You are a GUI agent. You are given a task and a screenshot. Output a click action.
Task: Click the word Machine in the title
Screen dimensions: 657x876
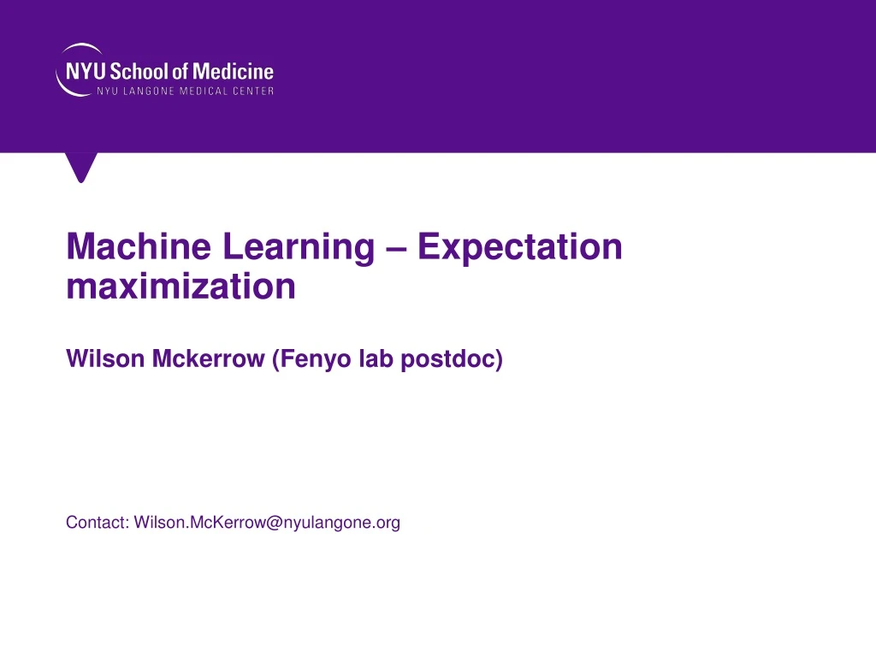pyautogui.click(x=137, y=247)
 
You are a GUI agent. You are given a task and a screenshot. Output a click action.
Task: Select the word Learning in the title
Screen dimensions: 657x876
pyautogui.click(x=298, y=247)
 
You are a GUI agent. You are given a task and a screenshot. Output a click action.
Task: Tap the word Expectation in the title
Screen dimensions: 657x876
pyautogui.click(x=520, y=247)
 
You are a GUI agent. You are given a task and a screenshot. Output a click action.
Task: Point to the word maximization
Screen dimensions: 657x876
pyautogui.click(x=181, y=287)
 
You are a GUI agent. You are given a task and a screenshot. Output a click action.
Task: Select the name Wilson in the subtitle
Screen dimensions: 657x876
pyautogui.click(x=105, y=360)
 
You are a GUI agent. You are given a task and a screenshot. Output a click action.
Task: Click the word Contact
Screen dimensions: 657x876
pyautogui.click(x=97, y=522)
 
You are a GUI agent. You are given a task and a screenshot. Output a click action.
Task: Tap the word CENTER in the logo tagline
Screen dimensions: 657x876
pyautogui.click(x=252, y=92)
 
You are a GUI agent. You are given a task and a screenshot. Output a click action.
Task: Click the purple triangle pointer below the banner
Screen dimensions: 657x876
pyautogui.click(x=82, y=166)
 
